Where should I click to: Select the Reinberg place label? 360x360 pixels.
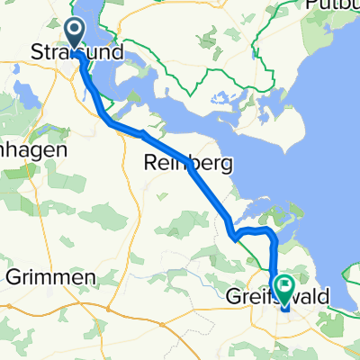coord(189,163)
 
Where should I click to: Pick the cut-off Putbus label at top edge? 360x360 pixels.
coord(333,4)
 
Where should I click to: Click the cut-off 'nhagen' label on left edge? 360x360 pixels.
coord(34,150)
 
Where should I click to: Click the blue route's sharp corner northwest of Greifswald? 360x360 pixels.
coord(235,238)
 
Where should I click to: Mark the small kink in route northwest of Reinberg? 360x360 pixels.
coord(141,133)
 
